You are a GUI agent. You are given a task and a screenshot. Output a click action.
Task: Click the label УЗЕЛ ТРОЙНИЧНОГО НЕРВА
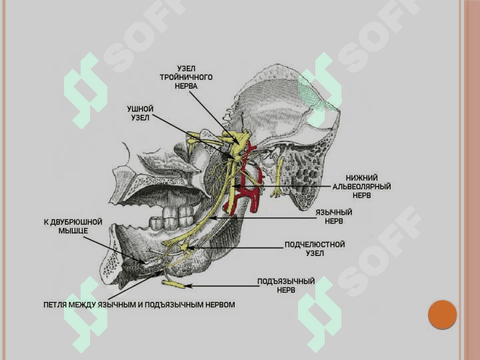click(x=186, y=77)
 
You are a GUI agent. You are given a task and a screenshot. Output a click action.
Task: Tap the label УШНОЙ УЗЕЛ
click(x=140, y=113)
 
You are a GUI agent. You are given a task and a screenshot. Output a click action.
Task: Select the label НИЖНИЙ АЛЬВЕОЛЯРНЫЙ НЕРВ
click(x=361, y=187)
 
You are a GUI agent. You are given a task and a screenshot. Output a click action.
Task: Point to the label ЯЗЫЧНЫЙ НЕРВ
click(x=334, y=217)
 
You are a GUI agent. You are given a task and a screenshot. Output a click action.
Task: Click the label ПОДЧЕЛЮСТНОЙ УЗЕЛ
click(x=315, y=249)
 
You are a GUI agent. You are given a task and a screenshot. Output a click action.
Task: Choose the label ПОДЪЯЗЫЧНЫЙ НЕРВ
click(x=286, y=285)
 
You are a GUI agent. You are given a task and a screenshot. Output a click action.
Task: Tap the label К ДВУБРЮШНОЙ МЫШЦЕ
click(x=73, y=226)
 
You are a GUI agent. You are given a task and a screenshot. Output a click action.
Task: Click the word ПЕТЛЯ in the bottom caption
click(x=55, y=305)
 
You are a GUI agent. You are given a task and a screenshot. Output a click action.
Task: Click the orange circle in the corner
click(x=443, y=315)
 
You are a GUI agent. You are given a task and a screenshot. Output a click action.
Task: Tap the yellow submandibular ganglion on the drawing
click(x=185, y=246)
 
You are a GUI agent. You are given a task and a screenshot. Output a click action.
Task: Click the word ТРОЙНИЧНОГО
click(x=186, y=77)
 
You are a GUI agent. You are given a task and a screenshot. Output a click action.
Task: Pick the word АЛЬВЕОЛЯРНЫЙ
click(x=361, y=187)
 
